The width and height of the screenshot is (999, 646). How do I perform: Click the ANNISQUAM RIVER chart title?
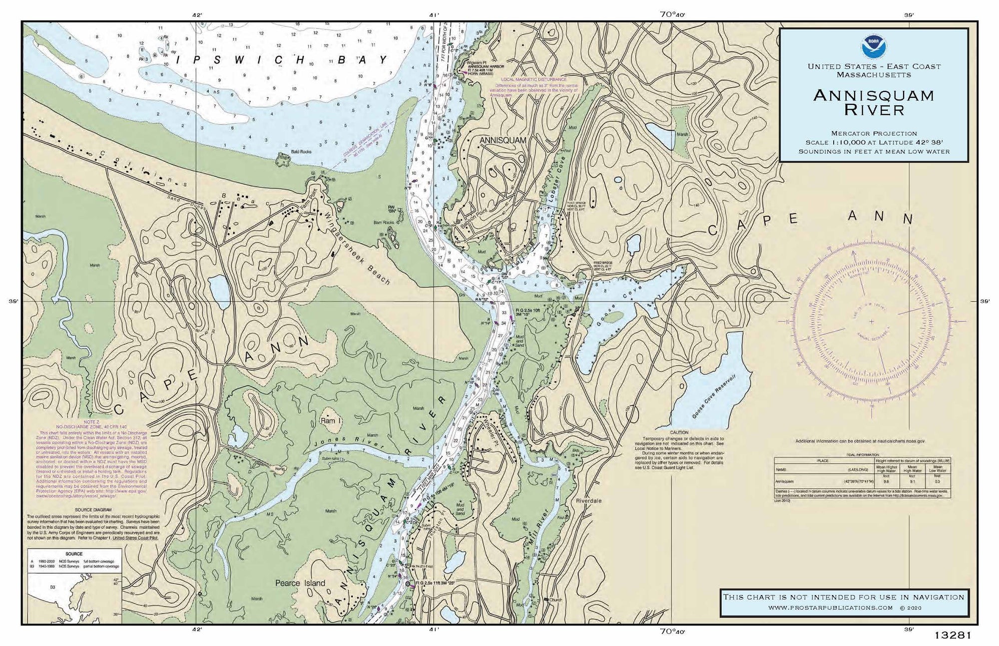pos(874,102)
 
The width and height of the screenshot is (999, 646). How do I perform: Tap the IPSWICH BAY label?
pos(282,59)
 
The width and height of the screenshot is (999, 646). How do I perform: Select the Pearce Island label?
pos(300,583)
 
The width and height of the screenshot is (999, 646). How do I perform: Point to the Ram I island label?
pos(328,421)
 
